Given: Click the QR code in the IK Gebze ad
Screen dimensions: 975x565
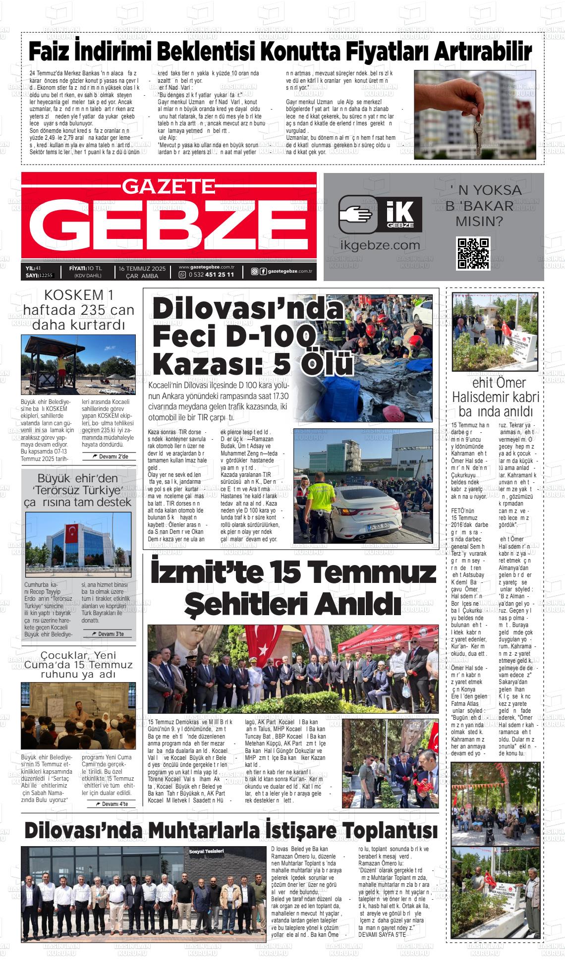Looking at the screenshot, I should point(473,253).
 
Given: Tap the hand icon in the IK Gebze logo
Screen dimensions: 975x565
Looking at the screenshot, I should point(355,215).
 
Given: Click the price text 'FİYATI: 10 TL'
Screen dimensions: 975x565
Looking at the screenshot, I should point(85,268).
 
